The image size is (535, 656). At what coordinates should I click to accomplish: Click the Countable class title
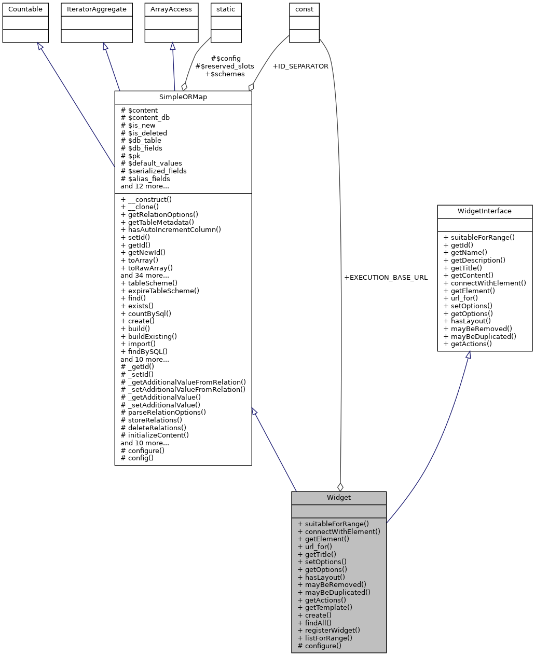coord(25,9)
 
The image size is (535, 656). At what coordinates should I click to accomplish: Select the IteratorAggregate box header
coord(97,9)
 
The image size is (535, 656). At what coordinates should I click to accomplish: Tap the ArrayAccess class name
coord(171,9)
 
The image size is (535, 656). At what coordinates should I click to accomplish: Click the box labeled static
coord(226,9)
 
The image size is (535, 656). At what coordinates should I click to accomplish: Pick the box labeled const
coord(304,9)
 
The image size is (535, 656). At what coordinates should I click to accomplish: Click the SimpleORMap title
coord(183,98)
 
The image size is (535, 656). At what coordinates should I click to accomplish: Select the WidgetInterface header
coord(485,211)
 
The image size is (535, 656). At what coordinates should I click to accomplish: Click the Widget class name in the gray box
coord(339,498)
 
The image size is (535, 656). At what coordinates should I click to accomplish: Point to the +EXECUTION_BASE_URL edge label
coord(386,278)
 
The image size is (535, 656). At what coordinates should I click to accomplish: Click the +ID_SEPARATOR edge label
coord(300,66)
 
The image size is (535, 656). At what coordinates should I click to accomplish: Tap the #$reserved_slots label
coord(225,66)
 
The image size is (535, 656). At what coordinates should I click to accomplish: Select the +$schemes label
coord(225,74)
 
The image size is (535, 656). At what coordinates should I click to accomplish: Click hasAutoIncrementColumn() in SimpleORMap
coord(171,229)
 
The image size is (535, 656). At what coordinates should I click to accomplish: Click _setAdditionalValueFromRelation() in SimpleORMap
coord(183,390)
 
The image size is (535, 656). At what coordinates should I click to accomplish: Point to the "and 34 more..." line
coord(145,276)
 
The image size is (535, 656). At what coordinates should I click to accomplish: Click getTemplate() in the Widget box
coord(325,608)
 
